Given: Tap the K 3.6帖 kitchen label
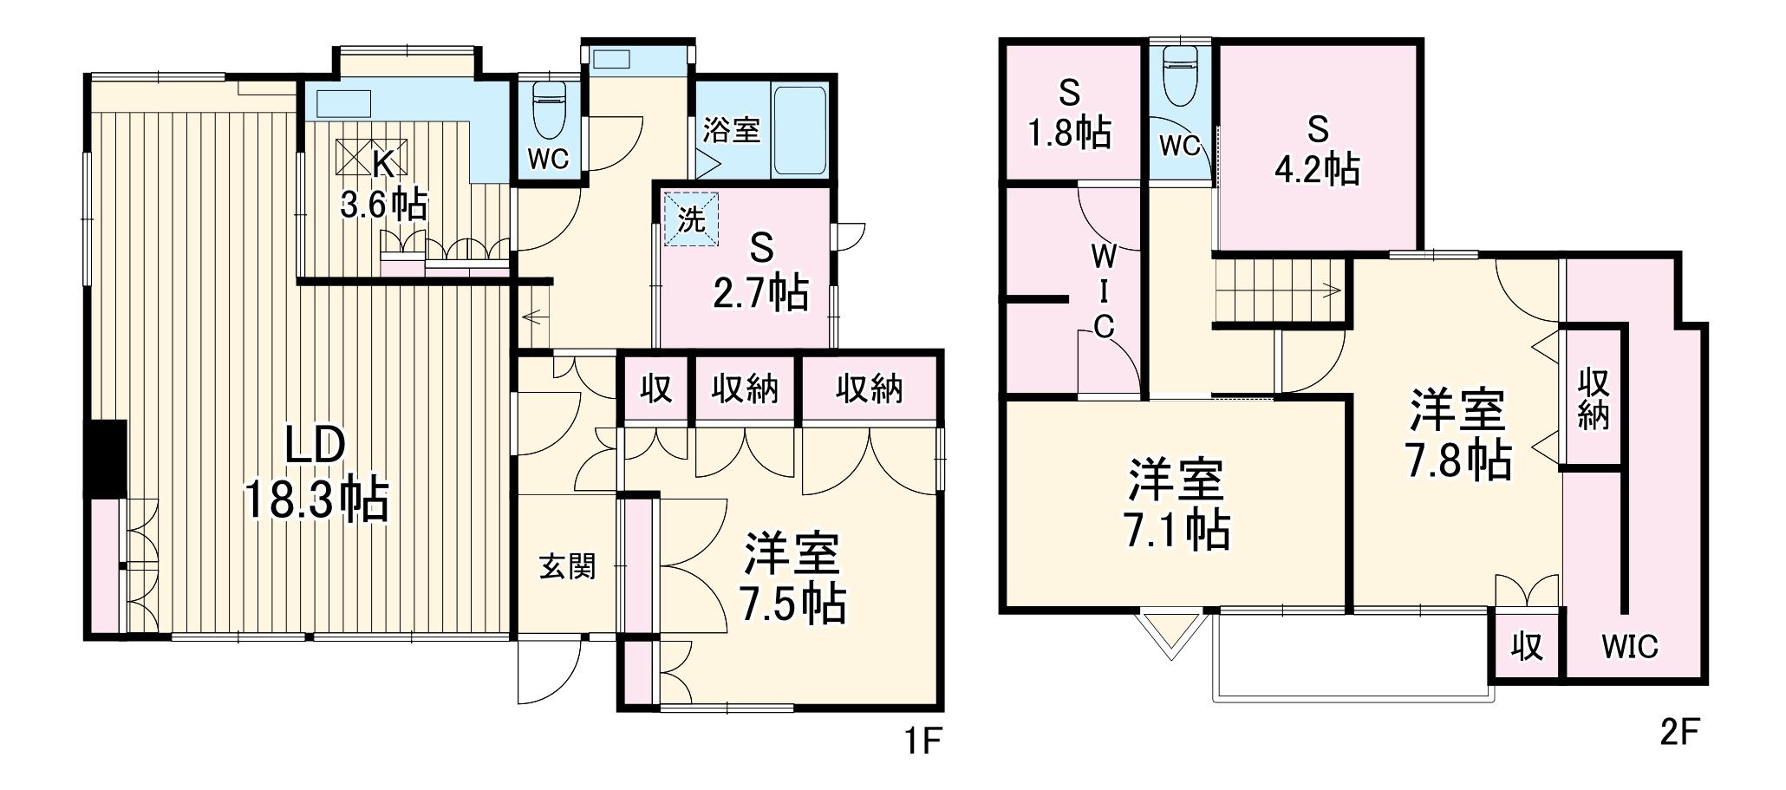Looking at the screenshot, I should click(382, 185).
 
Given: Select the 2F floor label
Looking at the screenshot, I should click(1678, 734).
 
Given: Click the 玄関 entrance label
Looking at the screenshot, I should click(568, 567).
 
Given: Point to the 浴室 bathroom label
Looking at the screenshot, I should click(731, 130).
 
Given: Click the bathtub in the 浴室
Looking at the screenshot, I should click(798, 130).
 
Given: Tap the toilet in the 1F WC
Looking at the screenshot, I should click(549, 110).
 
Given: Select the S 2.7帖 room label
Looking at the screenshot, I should click(761, 272).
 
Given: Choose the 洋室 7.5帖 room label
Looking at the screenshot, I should click(792, 579).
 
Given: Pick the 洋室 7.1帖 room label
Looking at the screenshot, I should click(1177, 505).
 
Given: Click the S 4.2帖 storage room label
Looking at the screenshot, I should click(1317, 150).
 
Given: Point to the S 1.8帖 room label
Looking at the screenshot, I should click(1070, 113).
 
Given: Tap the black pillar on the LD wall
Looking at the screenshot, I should click(105, 459).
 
